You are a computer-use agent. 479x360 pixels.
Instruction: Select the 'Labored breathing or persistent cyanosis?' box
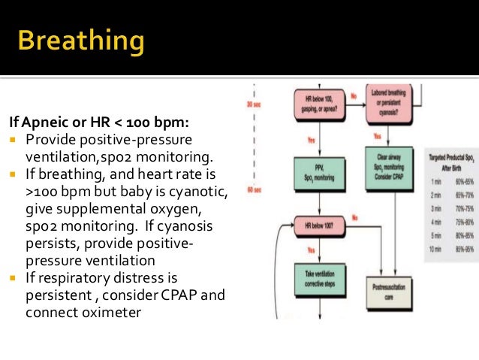pos(390,103)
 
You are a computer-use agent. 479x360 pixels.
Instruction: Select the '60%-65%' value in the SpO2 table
pos(463,180)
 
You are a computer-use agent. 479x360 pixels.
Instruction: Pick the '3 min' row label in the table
pos(435,207)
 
